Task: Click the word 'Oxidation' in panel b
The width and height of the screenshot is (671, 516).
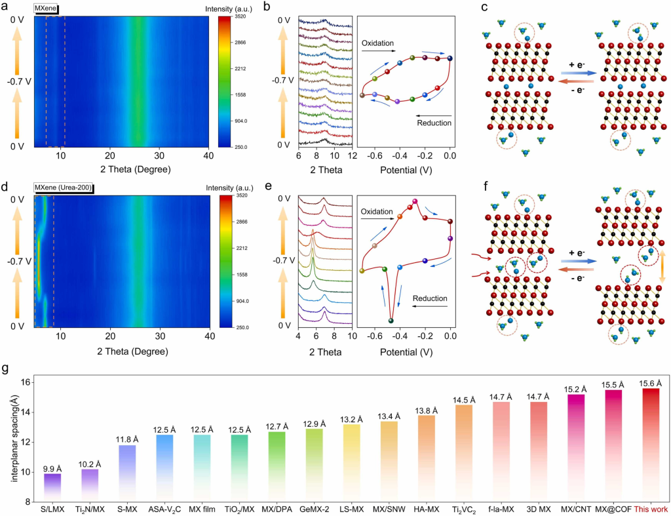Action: (377, 43)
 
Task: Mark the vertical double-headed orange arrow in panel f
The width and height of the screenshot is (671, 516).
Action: (662, 261)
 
